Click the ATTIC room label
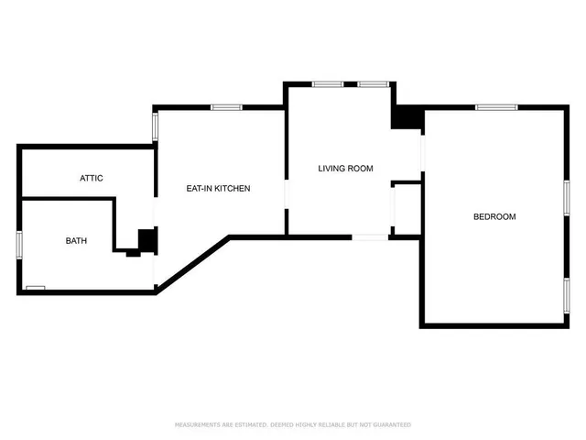92,178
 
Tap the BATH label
76,241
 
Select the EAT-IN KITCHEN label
218,189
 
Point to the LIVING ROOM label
346,168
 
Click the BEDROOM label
494,217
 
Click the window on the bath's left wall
19,245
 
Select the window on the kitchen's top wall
225,107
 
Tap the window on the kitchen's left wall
156,126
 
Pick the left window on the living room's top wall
327,84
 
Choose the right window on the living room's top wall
373,84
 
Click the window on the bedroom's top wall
497,107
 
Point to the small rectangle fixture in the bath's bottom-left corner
36,288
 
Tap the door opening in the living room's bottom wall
371,237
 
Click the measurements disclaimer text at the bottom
293,425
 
